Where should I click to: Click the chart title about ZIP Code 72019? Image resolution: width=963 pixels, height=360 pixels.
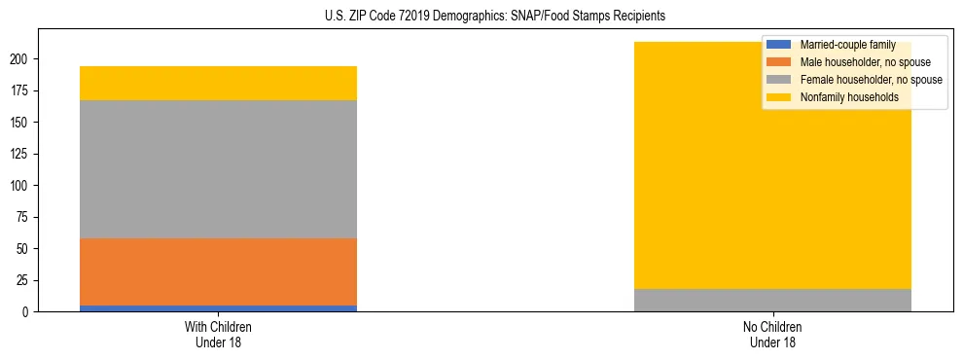[495, 17]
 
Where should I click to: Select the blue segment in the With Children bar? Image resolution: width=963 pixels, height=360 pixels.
[218, 308]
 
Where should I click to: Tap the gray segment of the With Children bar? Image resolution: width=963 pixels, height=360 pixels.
[218, 169]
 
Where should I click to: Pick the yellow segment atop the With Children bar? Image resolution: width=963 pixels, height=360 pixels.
[218, 83]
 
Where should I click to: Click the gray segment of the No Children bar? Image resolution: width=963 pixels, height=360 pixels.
[772, 300]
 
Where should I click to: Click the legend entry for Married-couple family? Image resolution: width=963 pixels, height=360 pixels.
[846, 45]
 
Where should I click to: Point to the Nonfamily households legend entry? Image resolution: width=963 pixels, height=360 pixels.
[848, 97]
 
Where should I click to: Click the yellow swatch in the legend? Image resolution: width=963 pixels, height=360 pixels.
[779, 97]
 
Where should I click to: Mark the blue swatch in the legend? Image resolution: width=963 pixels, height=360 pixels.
[779, 45]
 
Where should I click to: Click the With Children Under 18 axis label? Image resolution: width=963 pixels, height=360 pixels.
[218, 334]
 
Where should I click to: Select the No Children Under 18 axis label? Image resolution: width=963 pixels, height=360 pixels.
[772, 334]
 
